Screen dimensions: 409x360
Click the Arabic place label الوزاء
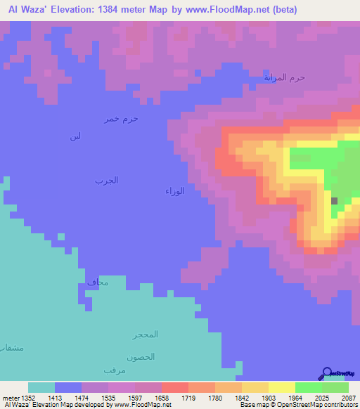pyautogui.click(x=174, y=190)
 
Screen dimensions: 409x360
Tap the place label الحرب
pyautogui.click(x=107, y=181)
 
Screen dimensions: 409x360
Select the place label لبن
pyautogui.click(x=75, y=136)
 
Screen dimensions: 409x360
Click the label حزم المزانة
pyautogui.click(x=284, y=77)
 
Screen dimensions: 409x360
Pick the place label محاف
pyautogui.click(x=98, y=283)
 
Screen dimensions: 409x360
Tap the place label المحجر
pyautogui.click(x=144, y=334)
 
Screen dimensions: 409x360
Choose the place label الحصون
pyautogui.click(x=141, y=356)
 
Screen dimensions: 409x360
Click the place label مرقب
pyautogui.click(x=114, y=370)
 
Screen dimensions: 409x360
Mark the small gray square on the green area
pyautogui.click(x=334, y=201)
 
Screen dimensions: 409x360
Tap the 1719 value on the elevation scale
pyautogui.click(x=175, y=398)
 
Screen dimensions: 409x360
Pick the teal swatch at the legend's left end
pyautogui.click(x=41, y=387)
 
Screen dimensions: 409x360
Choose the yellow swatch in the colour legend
pyautogui.click(x=281, y=387)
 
